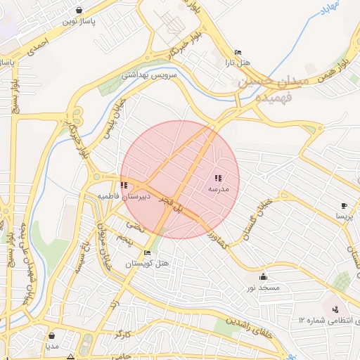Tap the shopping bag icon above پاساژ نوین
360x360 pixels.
point(78,11)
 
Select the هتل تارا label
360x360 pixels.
point(238,63)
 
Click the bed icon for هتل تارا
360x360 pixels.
point(238,52)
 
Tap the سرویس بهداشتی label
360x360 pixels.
point(150,75)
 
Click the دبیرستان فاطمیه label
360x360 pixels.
point(124,197)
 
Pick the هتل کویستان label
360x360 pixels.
point(148,264)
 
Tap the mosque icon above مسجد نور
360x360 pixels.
point(263,276)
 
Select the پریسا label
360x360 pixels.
point(344,217)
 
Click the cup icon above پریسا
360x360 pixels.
point(344,206)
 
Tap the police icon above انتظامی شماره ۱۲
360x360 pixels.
point(335,309)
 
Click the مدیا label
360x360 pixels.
point(52,346)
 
